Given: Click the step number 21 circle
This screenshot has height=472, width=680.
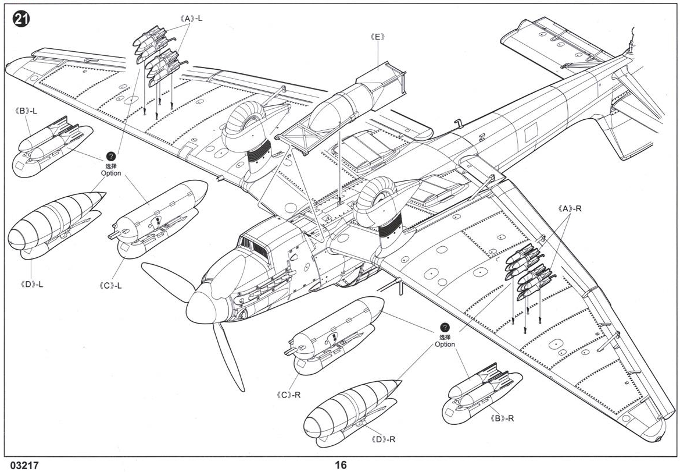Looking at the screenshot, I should (x=20, y=19).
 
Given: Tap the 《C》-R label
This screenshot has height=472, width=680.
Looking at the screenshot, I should (x=288, y=394).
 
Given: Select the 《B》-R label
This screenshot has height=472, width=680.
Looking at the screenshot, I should (x=503, y=418).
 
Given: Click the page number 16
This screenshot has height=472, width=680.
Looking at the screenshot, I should (x=341, y=464).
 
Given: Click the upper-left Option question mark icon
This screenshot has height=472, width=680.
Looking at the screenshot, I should (x=111, y=157).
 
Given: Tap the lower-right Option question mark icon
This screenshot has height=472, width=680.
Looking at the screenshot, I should (x=445, y=328).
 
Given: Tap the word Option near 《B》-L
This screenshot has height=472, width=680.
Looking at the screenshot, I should (x=111, y=173).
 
